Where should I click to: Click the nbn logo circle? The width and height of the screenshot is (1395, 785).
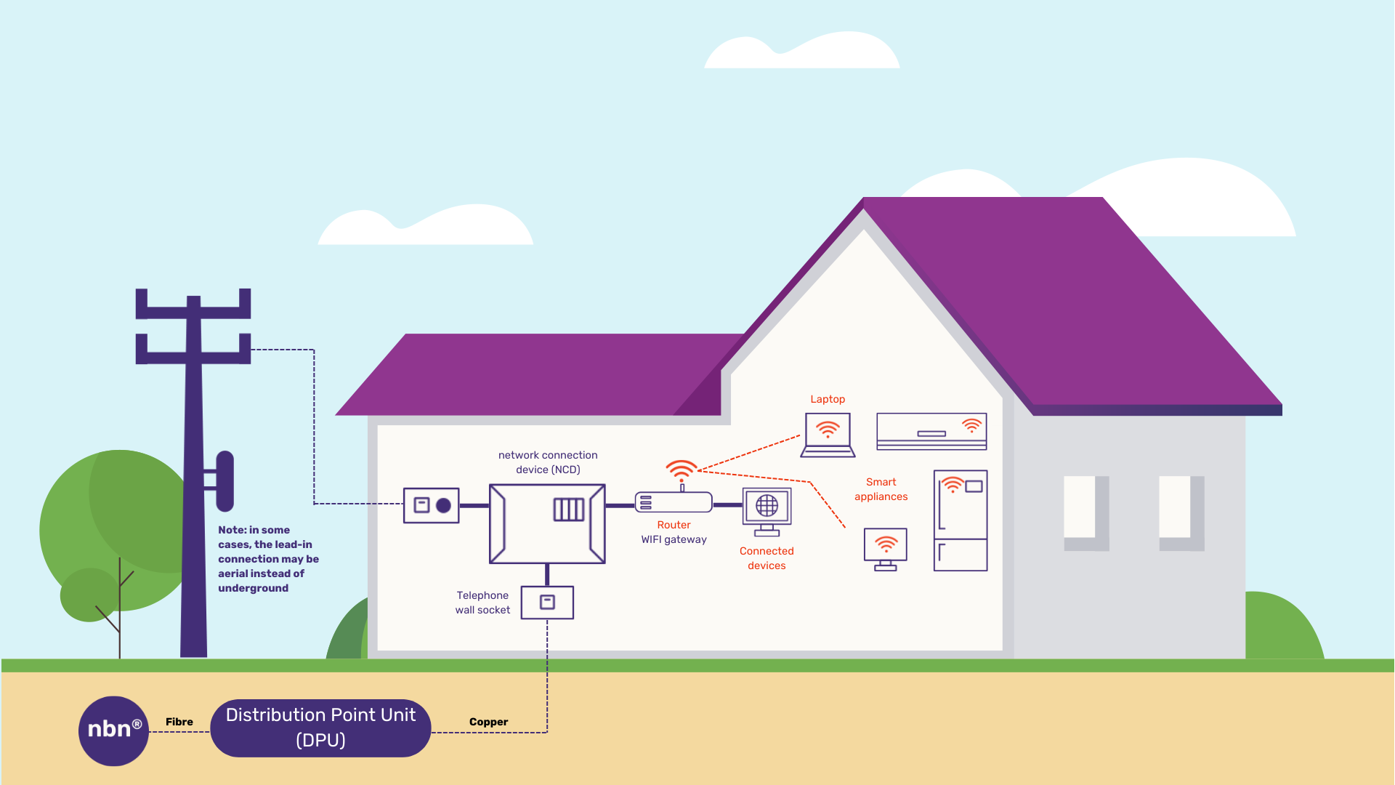click(113, 730)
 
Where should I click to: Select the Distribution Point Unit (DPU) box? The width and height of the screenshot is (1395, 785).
click(320, 728)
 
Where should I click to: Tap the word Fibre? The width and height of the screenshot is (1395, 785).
click(179, 722)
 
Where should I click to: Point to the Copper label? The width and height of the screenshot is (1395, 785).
click(488, 722)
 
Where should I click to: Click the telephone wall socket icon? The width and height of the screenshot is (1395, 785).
click(547, 603)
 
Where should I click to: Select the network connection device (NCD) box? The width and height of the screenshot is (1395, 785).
click(547, 523)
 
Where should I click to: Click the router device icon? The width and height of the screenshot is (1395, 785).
click(674, 502)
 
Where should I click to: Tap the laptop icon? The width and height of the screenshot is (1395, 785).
click(828, 435)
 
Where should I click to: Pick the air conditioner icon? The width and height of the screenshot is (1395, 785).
click(931, 432)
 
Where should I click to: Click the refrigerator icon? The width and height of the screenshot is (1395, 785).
click(960, 520)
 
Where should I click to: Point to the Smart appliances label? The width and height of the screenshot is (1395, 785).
click(881, 489)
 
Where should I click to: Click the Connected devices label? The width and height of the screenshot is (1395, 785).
click(767, 558)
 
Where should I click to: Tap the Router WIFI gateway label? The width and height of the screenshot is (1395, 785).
click(674, 532)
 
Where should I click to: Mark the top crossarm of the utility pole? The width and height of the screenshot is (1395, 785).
click(193, 312)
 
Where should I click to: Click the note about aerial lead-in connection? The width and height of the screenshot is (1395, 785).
click(267, 559)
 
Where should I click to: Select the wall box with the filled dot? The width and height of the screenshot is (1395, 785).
click(432, 505)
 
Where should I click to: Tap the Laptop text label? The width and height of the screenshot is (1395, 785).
click(828, 399)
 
